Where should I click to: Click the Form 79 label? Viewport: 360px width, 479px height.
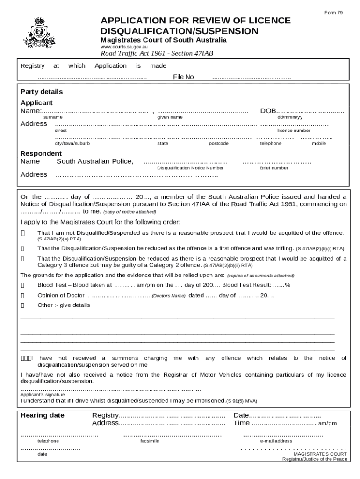(334, 12)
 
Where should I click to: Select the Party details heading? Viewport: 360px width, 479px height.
(41, 92)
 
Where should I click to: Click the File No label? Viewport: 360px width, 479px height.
(183, 77)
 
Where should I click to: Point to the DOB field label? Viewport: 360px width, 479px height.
(268, 111)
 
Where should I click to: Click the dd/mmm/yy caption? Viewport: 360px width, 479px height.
(290, 117)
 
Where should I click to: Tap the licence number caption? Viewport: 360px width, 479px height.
(294, 131)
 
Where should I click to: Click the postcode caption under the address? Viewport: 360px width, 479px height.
(218, 144)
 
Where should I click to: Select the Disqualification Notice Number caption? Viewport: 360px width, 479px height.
(190, 168)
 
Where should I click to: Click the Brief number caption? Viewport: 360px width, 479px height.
(274, 168)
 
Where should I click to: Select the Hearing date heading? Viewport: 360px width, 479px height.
(42, 415)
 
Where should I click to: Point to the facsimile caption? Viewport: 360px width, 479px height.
(150, 441)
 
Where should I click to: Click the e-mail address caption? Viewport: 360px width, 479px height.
(276, 441)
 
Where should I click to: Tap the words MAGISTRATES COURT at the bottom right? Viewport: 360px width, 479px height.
(320, 454)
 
